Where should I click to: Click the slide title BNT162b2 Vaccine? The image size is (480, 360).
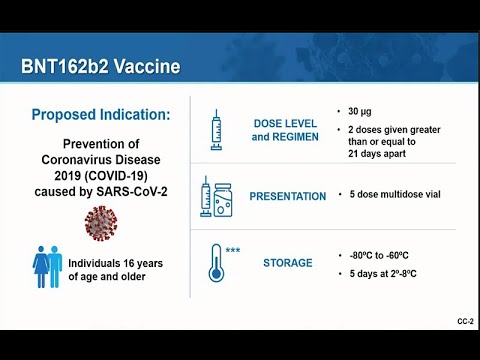(x=100, y=68)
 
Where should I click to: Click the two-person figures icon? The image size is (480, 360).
(x=48, y=268)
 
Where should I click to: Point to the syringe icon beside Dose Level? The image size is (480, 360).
(x=216, y=130)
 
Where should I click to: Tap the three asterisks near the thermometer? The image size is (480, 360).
(x=232, y=250)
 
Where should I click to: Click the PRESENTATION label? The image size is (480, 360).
(x=288, y=196)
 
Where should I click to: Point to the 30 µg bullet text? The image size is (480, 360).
(x=361, y=110)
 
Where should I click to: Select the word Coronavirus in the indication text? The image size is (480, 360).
(x=84, y=158)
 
